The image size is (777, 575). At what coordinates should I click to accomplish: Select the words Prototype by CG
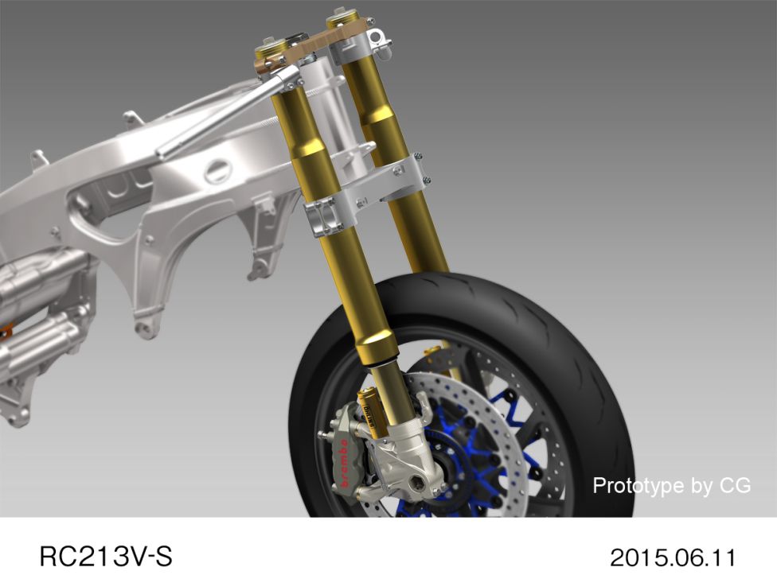point(672,485)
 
